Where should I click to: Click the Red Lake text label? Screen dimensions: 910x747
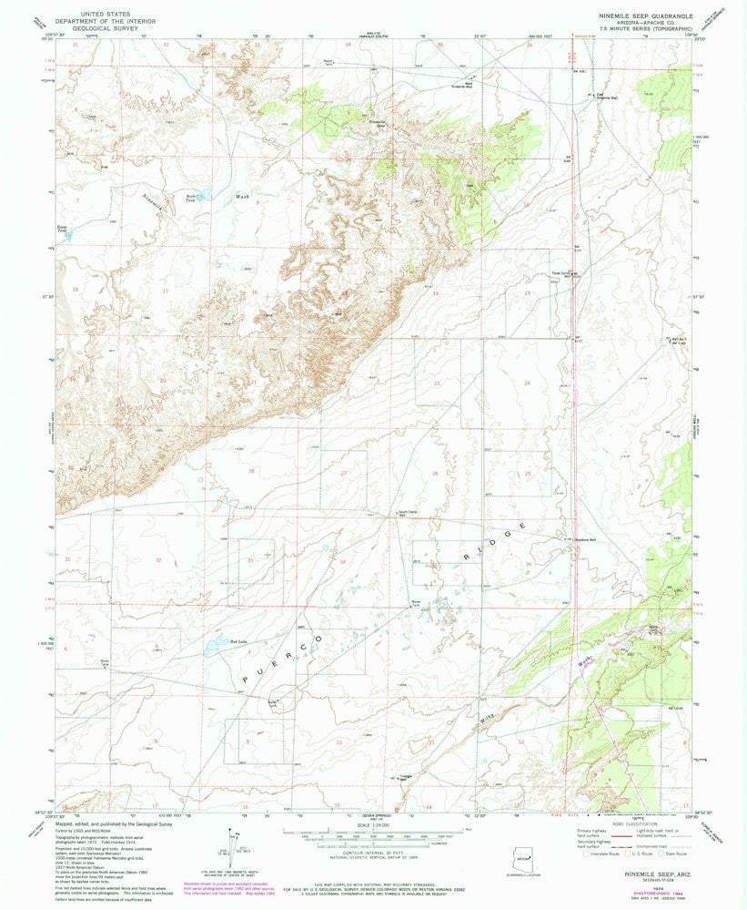click(x=238, y=641)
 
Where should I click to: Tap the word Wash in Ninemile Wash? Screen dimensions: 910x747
click(x=242, y=195)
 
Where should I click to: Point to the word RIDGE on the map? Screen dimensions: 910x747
click(x=490, y=544)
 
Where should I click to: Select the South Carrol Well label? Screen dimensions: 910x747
click(x=409, y=514)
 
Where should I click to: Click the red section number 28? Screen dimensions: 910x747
click(x=252, y=470)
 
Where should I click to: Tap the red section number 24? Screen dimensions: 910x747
click(x=528, y=383)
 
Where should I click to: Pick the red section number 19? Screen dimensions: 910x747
click(x=73, y=378)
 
